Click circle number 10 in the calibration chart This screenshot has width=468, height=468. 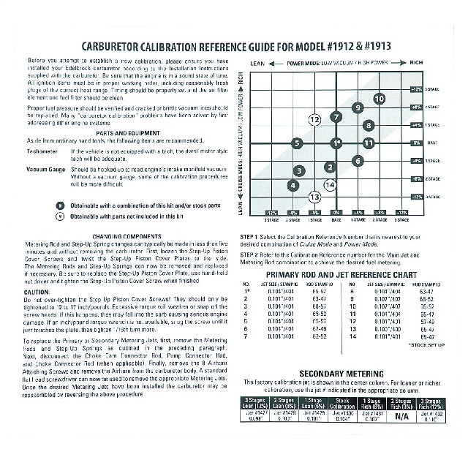[379, 98]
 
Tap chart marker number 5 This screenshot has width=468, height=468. [296, 143]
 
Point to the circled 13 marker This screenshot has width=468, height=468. [314, 197]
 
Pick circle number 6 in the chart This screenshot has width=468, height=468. [357, 160]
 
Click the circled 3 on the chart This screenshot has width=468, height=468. [298, 170]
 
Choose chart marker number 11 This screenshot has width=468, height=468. [368, 143]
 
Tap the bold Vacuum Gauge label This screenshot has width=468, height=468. [45, 168]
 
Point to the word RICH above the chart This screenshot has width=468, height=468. [417, 64]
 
